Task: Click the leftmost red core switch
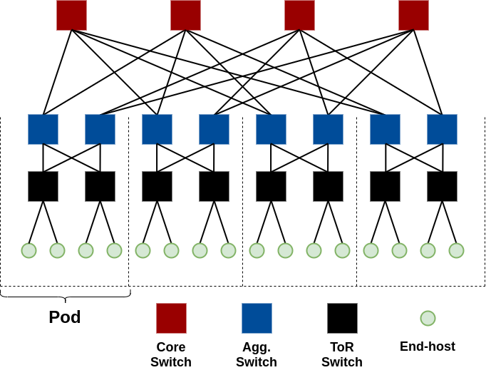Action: coord(71,15)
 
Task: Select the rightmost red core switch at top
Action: coord(413,15)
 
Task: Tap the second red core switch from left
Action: coord(185,15)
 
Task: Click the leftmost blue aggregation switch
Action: coord(43,129)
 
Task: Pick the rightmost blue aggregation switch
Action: coord(442,129)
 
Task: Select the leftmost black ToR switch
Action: coord(43,186)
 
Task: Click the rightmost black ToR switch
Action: coord(442,186)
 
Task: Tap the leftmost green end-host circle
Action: coord(29,250)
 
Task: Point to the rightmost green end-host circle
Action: coord(456,250)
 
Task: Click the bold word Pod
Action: coord(64,317)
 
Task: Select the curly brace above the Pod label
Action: coord(65,294)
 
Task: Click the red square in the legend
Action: coord(171,318)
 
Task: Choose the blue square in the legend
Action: coord(257,318)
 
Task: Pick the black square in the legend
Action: coord(342,318)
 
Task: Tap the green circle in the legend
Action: coord(428,318)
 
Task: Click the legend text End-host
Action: coord(428,347)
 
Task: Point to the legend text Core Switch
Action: coord(171,354)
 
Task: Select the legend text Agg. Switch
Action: coord(257,354)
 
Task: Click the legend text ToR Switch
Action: coord(342,354)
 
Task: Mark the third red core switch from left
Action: coord(299,15)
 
